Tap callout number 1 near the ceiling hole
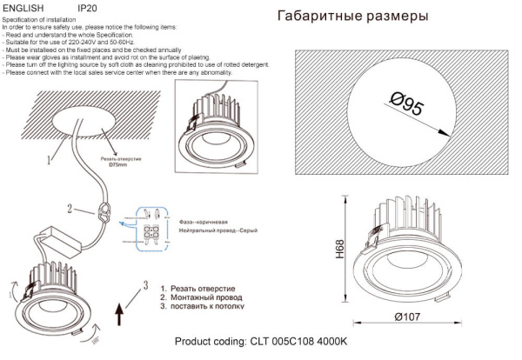50,158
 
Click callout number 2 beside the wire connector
69,209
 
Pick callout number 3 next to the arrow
147,284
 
